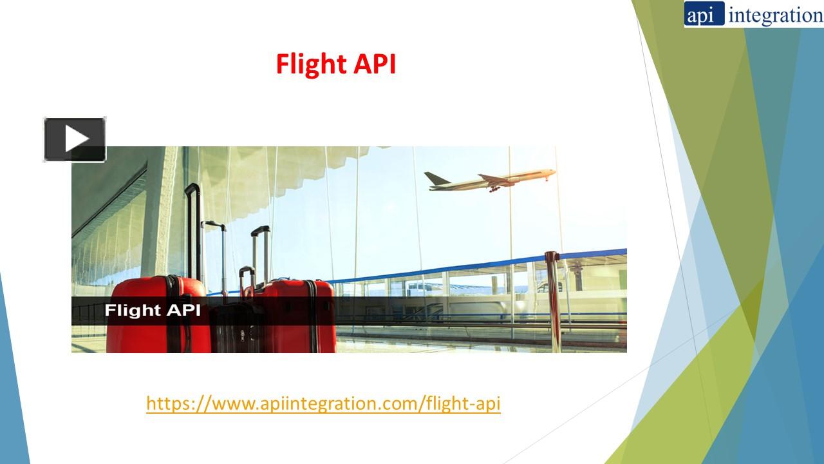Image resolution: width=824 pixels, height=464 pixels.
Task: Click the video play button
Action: (x=75, y=139)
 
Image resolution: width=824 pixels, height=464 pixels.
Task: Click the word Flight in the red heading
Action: (x=311, y=64)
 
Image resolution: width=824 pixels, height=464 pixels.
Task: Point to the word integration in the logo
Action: (x=775, y=15)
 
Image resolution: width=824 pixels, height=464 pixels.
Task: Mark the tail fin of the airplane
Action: (x=433, y=178)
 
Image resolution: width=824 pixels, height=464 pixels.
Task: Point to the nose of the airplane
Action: (x=552, y=172)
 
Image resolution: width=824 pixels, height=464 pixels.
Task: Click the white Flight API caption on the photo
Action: (x=153, y=310)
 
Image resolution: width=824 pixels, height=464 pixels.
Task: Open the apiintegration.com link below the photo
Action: (x=323, y=403)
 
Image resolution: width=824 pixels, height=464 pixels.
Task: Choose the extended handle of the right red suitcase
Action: (x=260, y=251)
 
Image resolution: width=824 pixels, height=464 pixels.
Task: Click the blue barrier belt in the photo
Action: (x=451, y=267)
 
